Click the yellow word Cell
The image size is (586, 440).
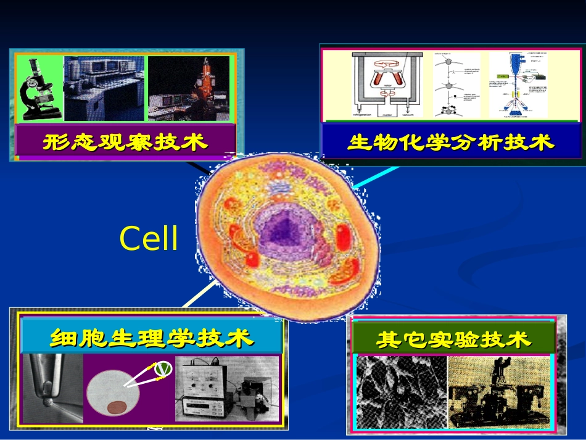(149, 238)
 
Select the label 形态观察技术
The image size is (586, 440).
(126, 143)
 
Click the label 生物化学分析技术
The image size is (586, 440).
(451, 143)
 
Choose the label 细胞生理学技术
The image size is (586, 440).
(152, 338)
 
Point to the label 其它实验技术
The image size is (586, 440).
(453, 339)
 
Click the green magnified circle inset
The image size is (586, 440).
(162, 368)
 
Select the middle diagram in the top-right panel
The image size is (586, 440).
(456, 85)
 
